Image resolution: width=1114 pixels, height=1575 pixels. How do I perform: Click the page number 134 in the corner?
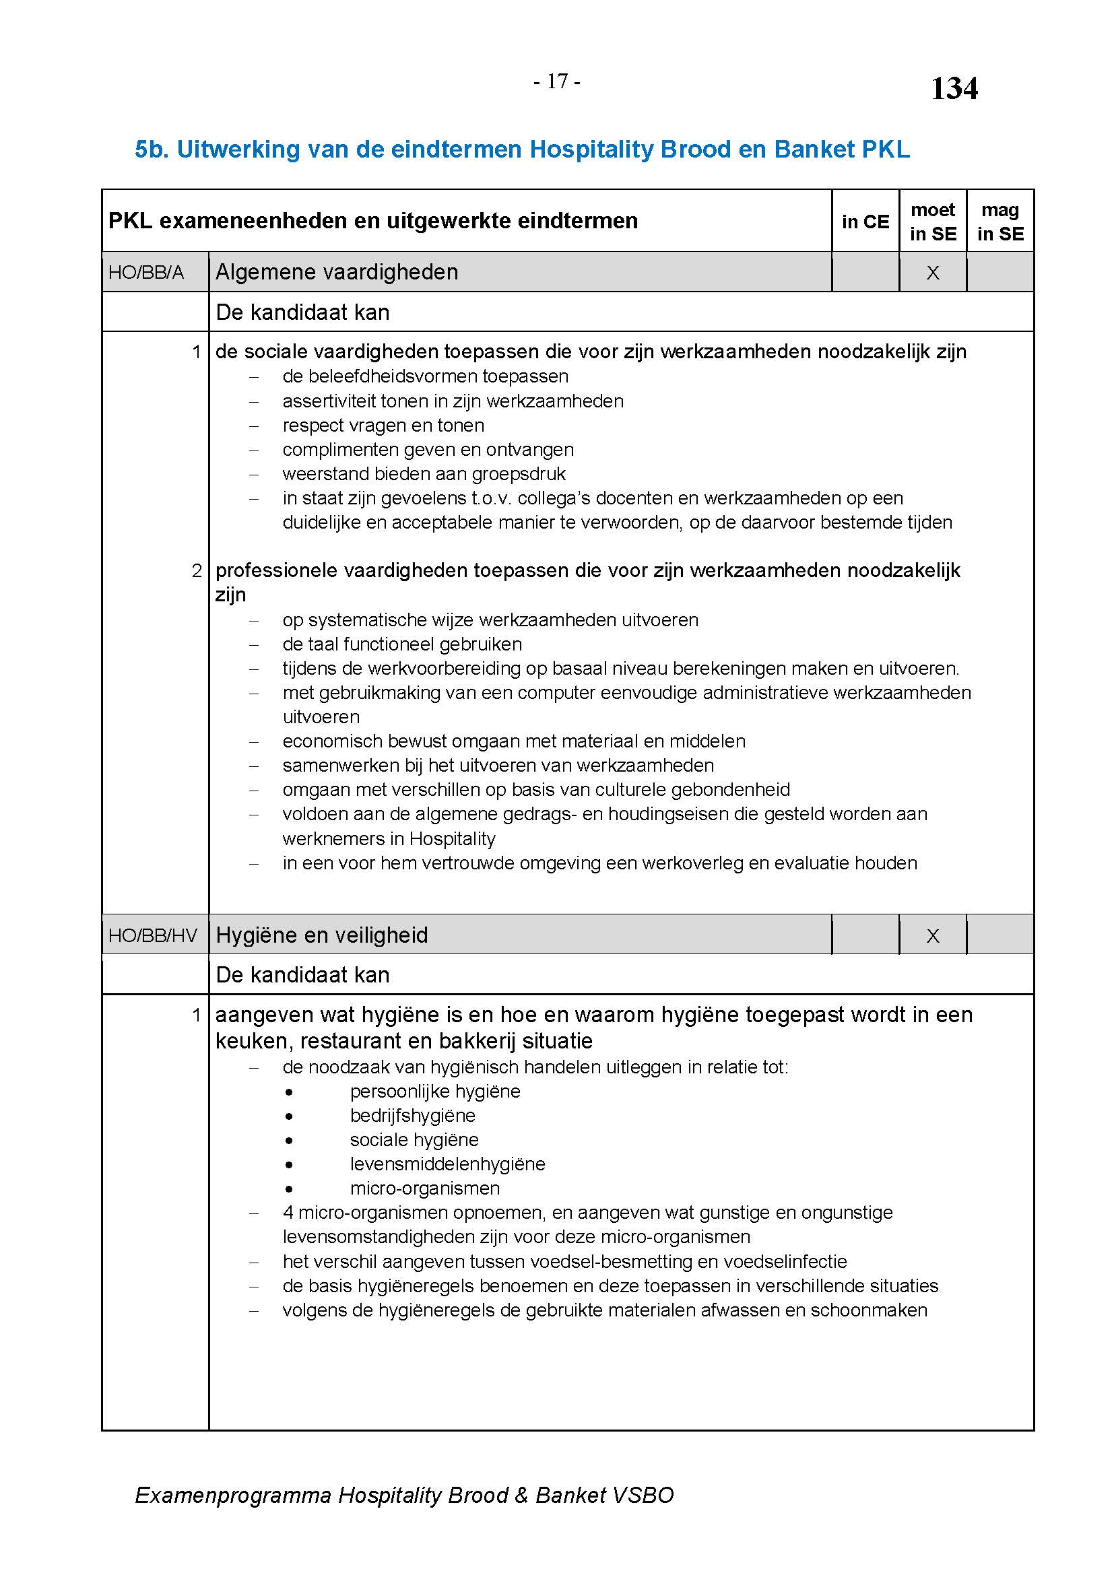(954, 88)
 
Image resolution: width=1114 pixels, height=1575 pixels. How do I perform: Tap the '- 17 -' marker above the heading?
(557, 81)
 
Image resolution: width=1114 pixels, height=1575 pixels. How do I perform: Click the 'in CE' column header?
(865, 222)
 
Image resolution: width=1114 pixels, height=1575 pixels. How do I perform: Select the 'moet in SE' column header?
(933, 222)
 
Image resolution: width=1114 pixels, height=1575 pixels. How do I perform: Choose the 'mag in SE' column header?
(1000, 222)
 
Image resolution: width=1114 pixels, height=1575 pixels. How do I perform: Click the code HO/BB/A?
(146, 272)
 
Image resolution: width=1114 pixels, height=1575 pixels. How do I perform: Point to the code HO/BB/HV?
(153, 935)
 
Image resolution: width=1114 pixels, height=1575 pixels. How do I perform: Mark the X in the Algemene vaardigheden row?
(933, 273)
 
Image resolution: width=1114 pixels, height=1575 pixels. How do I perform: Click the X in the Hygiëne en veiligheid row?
(933, 936)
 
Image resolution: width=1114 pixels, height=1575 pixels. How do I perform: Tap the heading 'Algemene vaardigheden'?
(337, 272)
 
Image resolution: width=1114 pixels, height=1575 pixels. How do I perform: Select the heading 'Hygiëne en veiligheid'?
(322, 935)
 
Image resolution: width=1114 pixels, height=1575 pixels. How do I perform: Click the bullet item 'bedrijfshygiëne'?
(412, 1115)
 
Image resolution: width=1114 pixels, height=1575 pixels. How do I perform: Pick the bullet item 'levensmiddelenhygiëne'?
(447, 1164)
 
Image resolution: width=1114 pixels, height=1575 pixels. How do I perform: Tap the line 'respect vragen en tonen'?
(383, 426)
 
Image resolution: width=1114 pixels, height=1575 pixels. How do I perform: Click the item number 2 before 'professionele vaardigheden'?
(197, 571)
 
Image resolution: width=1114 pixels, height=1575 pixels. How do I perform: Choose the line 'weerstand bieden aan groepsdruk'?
(424, 474)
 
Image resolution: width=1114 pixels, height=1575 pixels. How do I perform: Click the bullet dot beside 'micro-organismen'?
(290, 1188)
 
